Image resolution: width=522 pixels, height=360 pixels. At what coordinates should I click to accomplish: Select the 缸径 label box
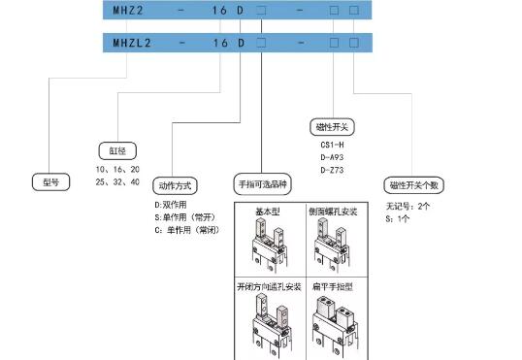click(113, 150)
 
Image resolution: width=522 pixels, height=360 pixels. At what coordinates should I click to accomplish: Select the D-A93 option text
click(332, 158)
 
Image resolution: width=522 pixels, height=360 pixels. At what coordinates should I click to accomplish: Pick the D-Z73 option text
click(332, 171)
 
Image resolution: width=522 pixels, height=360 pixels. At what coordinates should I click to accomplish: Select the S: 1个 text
click(399, 218)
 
